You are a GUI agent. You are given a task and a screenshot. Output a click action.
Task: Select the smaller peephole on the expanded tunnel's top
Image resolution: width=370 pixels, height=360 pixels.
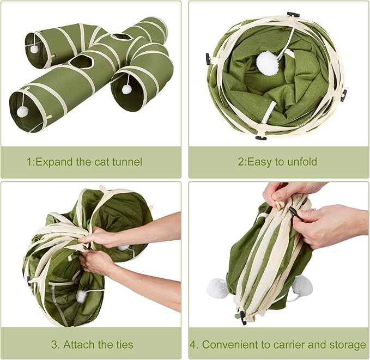[x=121, y=37]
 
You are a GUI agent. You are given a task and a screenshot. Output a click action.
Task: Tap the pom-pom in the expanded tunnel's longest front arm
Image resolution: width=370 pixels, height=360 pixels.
[x=22, y=112]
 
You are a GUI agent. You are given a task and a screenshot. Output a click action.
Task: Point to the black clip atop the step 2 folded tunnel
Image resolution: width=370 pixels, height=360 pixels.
[x=293, y=14]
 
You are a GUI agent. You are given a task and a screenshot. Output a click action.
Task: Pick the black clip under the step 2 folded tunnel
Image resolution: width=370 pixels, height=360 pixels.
[x=260, y=138]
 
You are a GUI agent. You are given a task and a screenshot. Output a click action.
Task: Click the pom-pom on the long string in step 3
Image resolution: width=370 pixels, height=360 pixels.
[x=82, y=296]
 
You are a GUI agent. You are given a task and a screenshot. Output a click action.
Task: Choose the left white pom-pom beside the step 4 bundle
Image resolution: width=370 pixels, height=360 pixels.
[x=218, y=288]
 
